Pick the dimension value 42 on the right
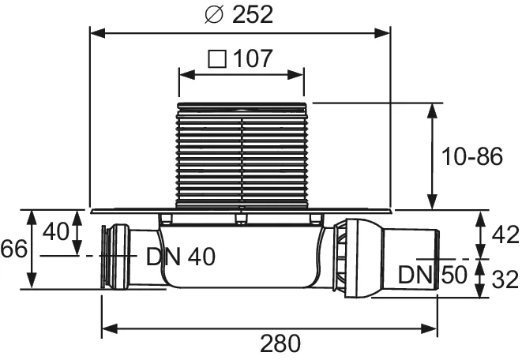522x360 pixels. (x=505, y=234)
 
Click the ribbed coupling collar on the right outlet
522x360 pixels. (x=341, y=257)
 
